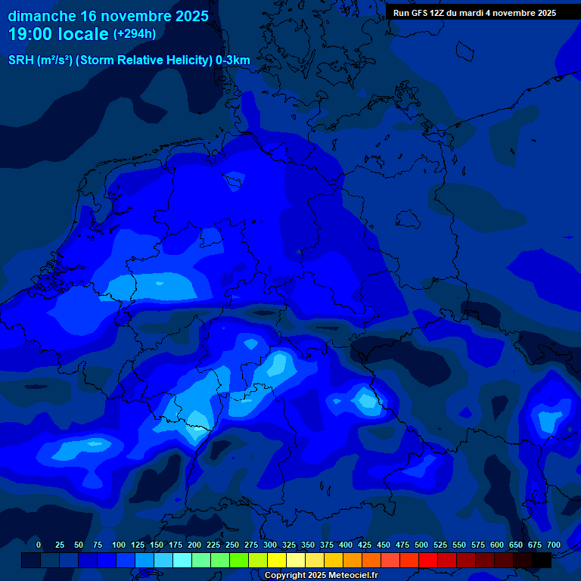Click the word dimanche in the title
(42, 16)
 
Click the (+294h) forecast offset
(135, 34)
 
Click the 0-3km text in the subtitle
(233, 61)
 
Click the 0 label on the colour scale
(39, 545)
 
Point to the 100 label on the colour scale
(119, 545)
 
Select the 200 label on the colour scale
(194, 545)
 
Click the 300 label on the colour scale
(270, 545)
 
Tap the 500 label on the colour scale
(421, 545)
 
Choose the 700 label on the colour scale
(554, 545)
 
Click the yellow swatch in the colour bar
(277, 560)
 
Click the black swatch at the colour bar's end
(542, 560)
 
